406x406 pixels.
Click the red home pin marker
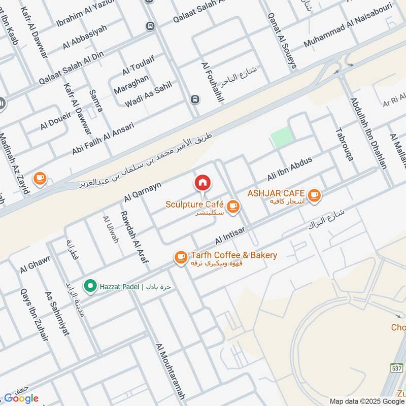tap(202, 182)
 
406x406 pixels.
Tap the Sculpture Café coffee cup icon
tap(233, 206)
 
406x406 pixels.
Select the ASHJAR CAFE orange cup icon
tap(314, 194)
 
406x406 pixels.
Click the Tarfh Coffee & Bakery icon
tap(180, 257)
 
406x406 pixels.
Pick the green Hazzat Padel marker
tap(90, 287)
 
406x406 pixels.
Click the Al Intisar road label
tap(230, 234)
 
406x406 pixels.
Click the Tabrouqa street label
tap(344, 144)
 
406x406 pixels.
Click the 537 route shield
tap(396, 367)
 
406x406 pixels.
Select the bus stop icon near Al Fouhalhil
tap(194, 99)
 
